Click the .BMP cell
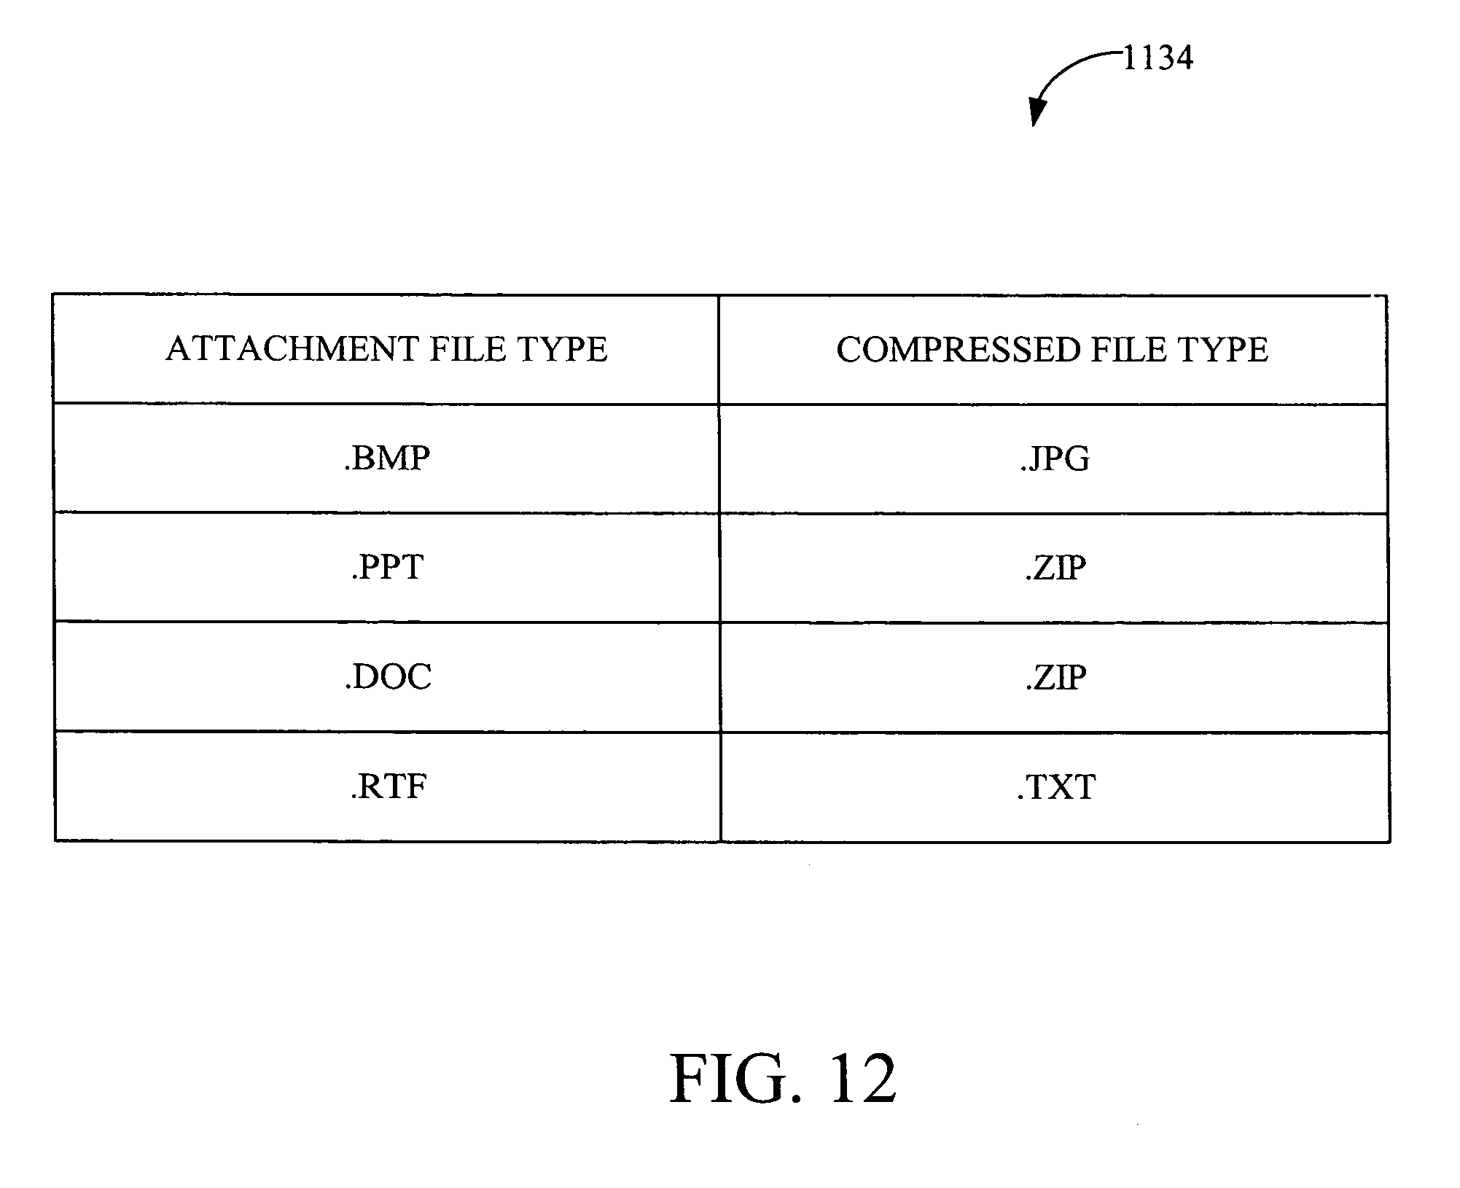pos(387,458)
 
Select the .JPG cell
pos(1054,458)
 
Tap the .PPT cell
pos(387,568)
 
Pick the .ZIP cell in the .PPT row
pos(1055,568)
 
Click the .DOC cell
pos(388,677)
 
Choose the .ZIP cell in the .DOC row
pos(1055,677)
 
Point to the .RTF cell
pos(388,787)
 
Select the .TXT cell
pos(1055,787)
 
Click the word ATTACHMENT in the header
pos(292,349)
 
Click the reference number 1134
pos(1158,58)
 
